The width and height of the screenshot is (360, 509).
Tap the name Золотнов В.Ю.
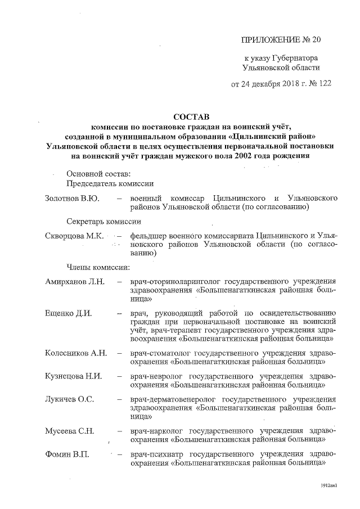pyautogui.click(x=71, y=199)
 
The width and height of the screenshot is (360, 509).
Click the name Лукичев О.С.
pyautogui.click(x=69, y=399)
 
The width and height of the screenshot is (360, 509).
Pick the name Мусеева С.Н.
pyautogui.click(x=69, y=430)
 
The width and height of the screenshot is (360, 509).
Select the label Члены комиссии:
pyautogui.click(x=98, y=267)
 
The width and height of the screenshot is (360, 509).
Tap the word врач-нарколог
pyautogui.click(x=157, y=430)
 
